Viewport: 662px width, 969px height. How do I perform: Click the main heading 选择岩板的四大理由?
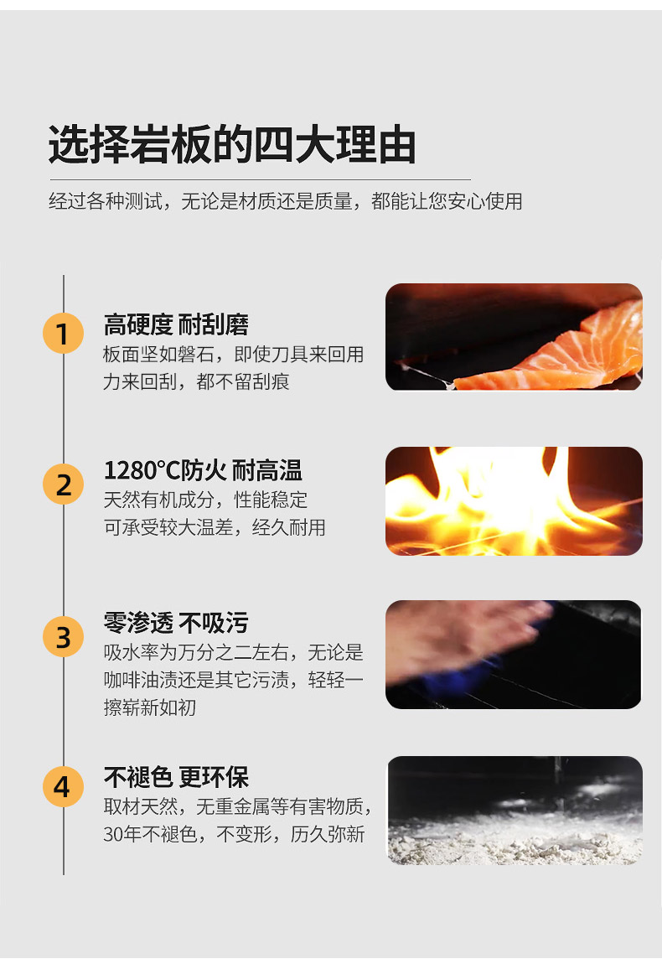click(x=232, y=145)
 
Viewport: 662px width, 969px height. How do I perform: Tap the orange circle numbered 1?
click(x=63, y=333)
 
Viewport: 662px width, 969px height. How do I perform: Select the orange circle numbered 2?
click(x=63, y=484)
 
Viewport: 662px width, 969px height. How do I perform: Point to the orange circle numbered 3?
click(x=63, y=636)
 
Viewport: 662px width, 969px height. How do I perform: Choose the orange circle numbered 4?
click(x=63, y=787)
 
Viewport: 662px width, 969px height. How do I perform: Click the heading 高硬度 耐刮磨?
click(x=176, y=324)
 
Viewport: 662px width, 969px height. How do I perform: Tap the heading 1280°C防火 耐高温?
click(x=203, y=470)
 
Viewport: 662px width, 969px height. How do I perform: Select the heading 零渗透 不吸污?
click(x=176, y=623)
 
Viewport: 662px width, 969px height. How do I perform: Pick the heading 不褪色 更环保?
click(x=176, y=777)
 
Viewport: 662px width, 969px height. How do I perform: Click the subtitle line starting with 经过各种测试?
click(x=285, y=201)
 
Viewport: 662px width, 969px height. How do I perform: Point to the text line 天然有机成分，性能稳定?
click(x=205, y=500)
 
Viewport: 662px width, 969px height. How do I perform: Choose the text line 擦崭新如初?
click(x=149, y=707)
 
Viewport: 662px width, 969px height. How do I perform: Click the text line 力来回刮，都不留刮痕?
click(x=196, y=381)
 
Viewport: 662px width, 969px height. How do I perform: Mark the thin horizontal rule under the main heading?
click(x=260, y=180)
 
